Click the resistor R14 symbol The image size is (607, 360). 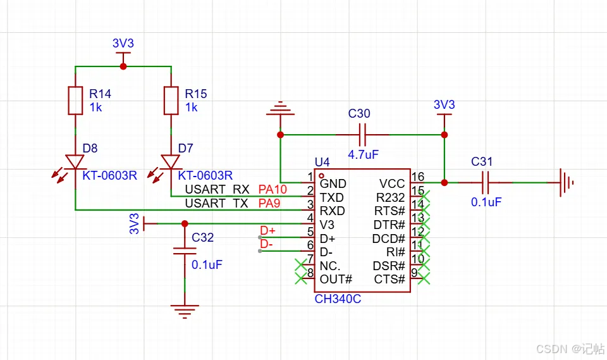click(75, 101)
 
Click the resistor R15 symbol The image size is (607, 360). click(171, 101)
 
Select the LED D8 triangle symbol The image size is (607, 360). click(75, 162)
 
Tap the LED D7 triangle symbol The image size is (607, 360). click(171, 162)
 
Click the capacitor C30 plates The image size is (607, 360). click(362, 135)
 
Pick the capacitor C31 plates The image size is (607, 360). click(486, 182)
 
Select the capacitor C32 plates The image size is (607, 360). click(185, 251)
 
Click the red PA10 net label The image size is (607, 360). click(273, 189)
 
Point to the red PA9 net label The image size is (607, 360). click(269, 203)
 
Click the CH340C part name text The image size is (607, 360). click(338, 299)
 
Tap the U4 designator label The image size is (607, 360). click(322, 161)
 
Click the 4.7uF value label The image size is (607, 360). click(363, 154)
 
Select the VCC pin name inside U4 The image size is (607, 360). click(392, 183)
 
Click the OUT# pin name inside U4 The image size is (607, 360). click(336, 279)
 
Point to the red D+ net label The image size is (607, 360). click(267, 230)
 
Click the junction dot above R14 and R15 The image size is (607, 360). click(123, 66)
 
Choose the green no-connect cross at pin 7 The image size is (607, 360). click(301, 264)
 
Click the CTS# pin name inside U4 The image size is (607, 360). click(389, 279)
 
